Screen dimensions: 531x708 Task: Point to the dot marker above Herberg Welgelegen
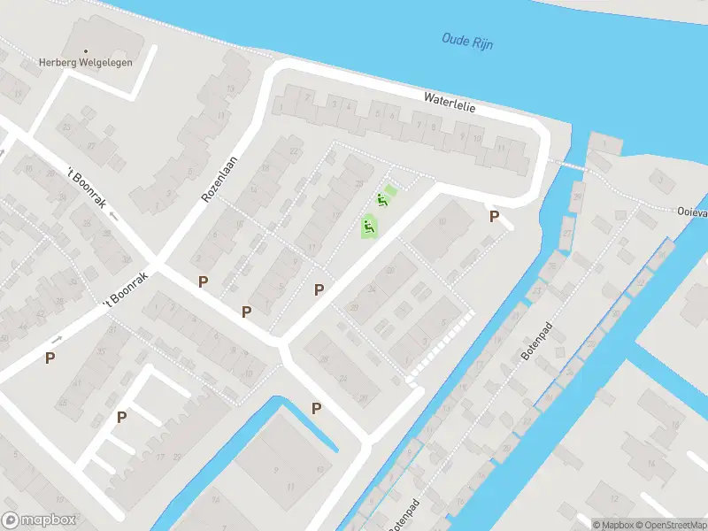[87, 50]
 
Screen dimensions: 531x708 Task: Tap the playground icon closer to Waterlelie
[382, 199]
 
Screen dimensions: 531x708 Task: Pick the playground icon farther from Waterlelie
[368, 227]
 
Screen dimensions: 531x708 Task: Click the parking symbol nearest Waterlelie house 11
[494, 216]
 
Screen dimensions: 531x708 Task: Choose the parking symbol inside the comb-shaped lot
[122, 417]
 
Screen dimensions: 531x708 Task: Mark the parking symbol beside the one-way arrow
[50, 358]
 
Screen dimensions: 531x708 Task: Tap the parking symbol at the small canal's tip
[316, 408]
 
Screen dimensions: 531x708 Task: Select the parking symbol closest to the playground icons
[319, 289]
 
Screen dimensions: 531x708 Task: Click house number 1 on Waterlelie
[281, 108]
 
